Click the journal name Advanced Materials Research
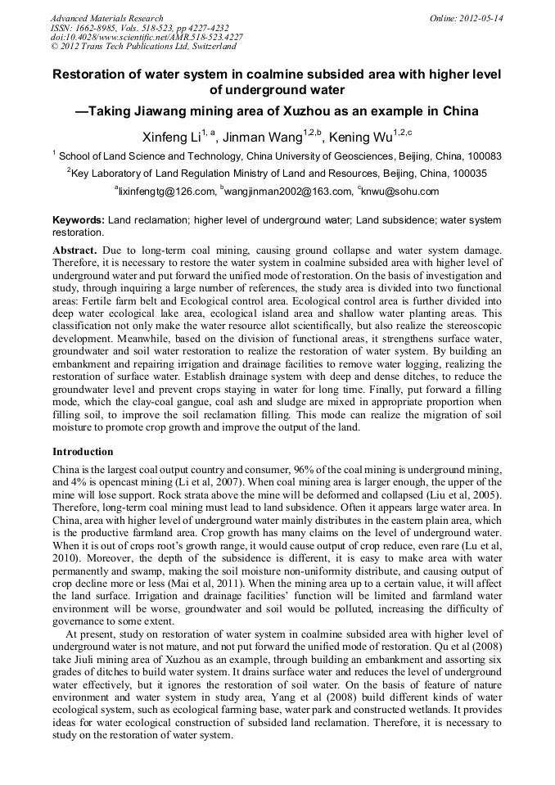106,18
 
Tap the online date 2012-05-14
482,18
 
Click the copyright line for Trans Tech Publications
142,47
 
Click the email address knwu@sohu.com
400,192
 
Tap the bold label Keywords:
79,221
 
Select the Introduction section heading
83,452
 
